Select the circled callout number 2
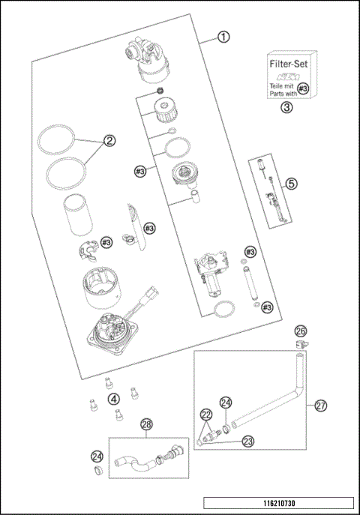tap(109, 140)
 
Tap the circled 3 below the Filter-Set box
tap(286, 107)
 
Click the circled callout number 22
tap(205, 413)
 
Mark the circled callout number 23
tap(247, 442)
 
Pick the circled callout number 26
tap(300, 330)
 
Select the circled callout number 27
tap(320, 406)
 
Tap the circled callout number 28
tap(146, 424)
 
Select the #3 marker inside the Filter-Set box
tap(302, 89)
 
